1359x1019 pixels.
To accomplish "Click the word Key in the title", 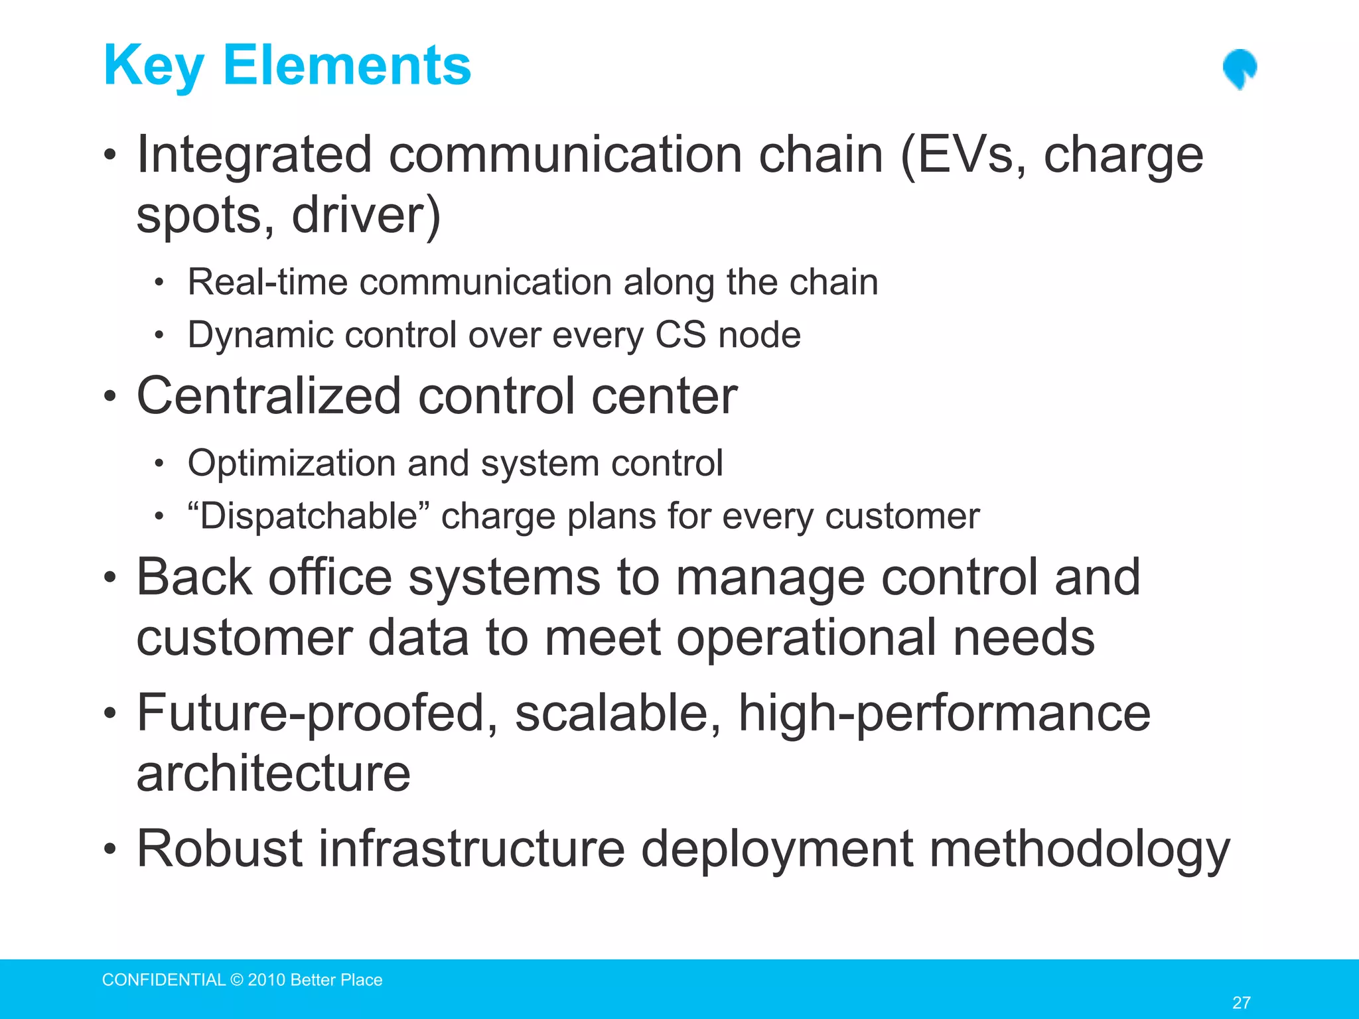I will tap(153, 66).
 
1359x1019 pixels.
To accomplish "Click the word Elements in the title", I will tap(347, 66).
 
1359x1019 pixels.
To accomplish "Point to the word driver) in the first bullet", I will tap(366, 215).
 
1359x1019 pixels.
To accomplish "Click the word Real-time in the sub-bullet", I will tap(267, 282).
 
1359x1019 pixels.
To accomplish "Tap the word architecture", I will tap(273, 774).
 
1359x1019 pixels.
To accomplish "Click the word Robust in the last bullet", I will tap(220, 849).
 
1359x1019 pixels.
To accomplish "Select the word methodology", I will tap(1079, 850).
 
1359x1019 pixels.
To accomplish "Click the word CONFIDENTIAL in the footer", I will tap(164, 980).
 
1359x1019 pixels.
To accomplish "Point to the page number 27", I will tap(1241, 1002).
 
